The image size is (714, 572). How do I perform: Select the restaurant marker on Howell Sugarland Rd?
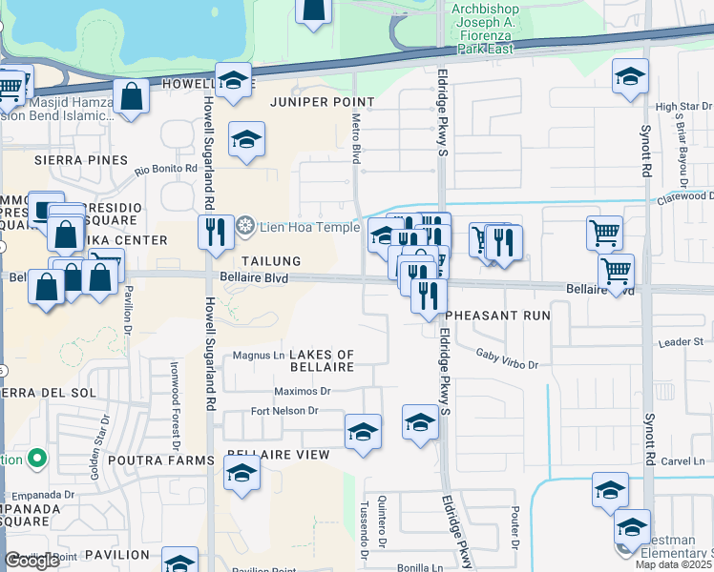[217, 232]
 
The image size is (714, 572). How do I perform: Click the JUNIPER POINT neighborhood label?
[322, 101]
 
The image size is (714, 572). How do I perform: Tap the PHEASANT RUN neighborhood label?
[498, 315]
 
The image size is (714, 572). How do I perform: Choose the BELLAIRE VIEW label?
[278, 455]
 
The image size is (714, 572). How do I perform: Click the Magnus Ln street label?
[254, 357]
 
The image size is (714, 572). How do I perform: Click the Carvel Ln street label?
[682, 461]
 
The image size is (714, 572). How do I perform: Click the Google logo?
[31, 561]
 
